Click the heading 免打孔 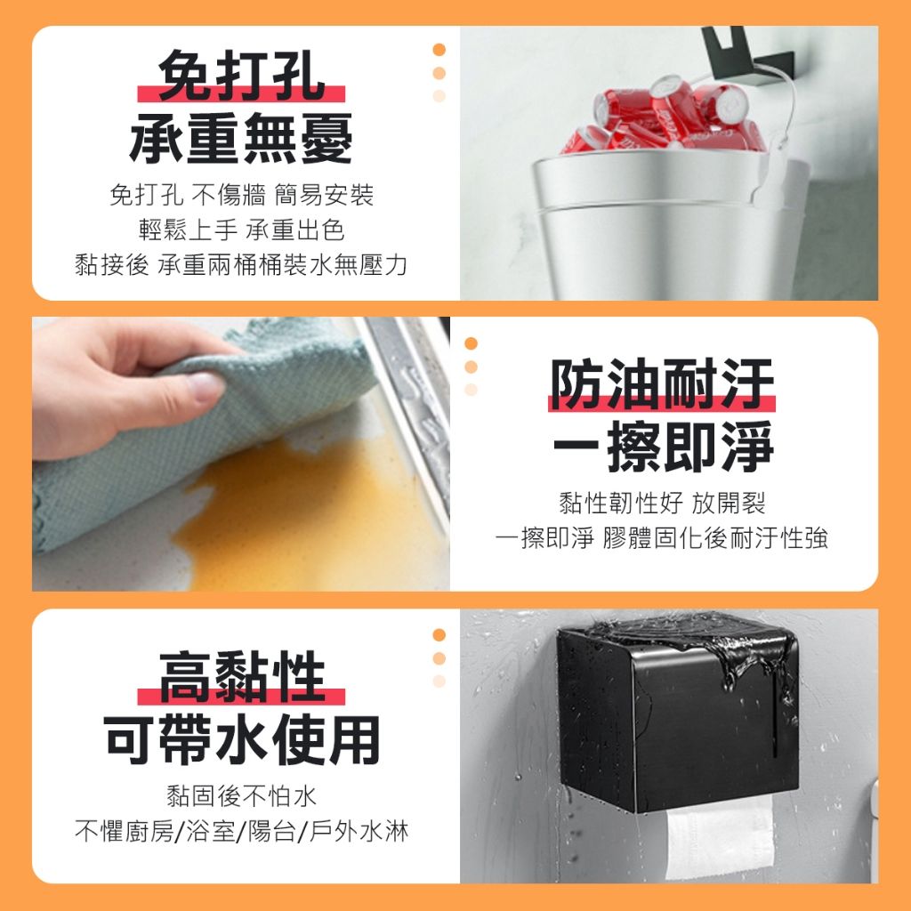point(241,76)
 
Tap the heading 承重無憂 point(241,138)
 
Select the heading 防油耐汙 point(662,384)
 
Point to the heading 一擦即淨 point(663,447)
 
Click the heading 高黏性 point(241,677)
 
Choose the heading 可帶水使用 point(242,739)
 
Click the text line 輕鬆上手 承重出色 point(242,230)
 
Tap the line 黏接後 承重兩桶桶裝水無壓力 point(241,265)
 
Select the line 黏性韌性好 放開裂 point(662,504)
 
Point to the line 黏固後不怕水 point(242,796)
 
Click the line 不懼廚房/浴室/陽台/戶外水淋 point(242,831)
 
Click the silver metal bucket point(668,227)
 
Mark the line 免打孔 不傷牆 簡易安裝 point(242,195)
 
